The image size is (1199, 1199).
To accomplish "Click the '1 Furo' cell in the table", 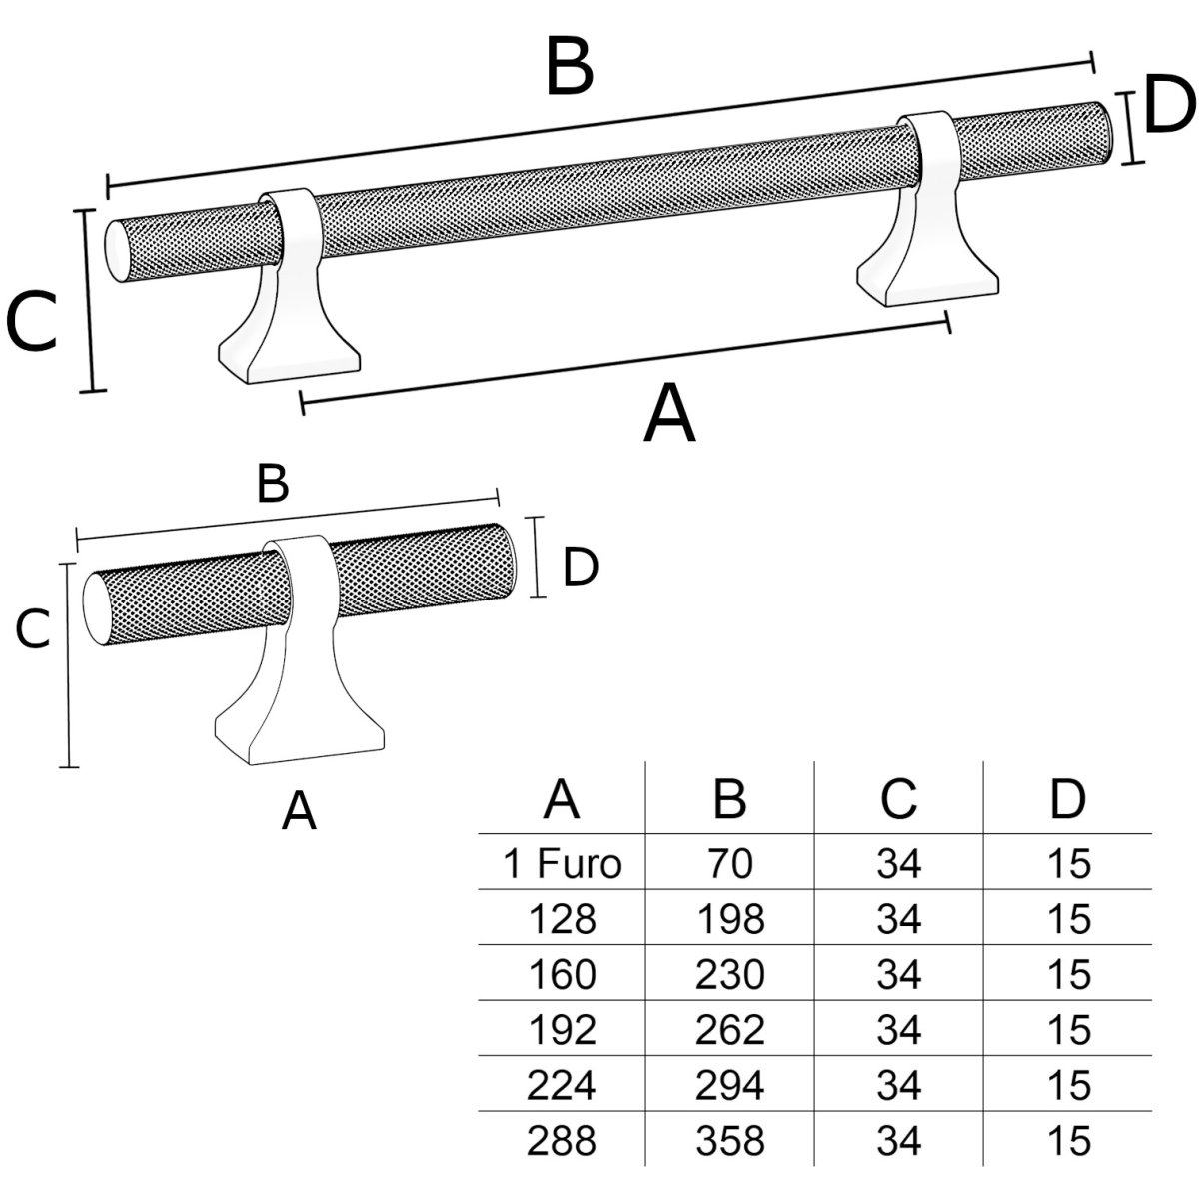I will click(563, 864).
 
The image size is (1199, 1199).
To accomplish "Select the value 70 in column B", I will click(730, 864).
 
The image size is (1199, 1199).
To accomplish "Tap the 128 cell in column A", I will click(564, 919).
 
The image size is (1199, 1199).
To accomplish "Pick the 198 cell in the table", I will click(730, 919).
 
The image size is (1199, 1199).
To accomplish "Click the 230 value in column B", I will click(730, 974).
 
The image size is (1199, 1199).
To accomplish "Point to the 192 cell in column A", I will click(564, 1029).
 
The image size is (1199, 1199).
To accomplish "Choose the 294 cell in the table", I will click(730, 1084).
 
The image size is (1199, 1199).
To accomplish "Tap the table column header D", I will click(1067, 799).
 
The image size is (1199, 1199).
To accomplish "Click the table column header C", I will click(898, 799).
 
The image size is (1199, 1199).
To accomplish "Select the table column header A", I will click(563, 799).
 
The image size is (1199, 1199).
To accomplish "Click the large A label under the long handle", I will click(669, 415).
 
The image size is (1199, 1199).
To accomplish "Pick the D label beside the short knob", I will click(580, 569).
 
